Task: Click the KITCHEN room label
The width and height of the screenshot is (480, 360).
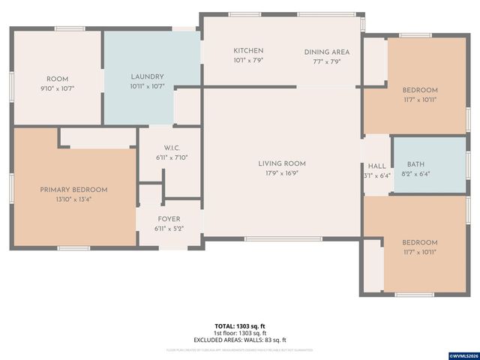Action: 248,50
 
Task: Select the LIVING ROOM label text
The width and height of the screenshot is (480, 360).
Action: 282,163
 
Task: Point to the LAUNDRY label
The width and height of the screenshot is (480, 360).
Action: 147,76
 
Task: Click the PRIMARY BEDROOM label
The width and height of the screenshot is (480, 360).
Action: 73,190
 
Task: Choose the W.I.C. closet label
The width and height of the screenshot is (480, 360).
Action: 170,148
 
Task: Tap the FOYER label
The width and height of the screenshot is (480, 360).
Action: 169,219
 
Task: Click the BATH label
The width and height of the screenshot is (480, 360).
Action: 415,165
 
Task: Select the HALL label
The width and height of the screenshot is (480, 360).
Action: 376,166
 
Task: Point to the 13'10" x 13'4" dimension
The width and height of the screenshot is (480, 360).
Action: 73,199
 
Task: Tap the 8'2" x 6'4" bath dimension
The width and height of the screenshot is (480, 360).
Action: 415,175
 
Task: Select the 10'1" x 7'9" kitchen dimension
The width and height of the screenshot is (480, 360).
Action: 248,61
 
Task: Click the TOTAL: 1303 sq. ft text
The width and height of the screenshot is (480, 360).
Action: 240,326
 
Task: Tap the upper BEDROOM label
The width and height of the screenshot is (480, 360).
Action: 419,90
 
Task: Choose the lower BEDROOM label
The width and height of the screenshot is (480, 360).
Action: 419,242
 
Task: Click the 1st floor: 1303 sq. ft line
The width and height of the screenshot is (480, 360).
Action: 240,333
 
